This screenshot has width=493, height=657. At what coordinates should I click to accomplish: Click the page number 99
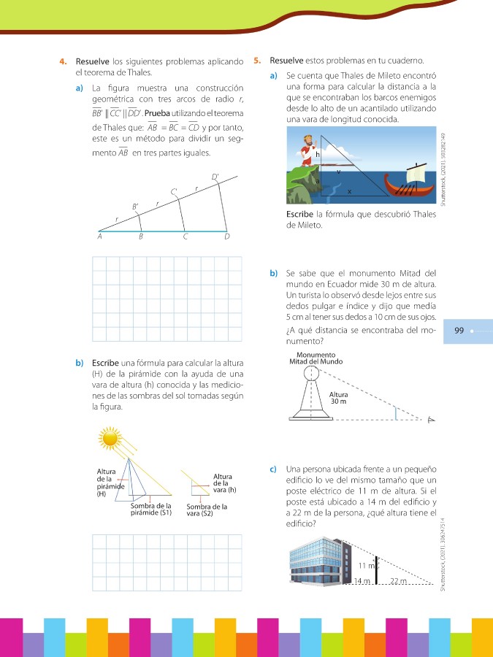pos(459,331)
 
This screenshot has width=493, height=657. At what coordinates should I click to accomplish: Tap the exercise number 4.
pos(64,61)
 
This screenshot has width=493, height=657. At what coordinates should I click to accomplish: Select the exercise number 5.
pos(257,61)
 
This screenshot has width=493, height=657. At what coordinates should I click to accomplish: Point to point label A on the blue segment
pos(100,237)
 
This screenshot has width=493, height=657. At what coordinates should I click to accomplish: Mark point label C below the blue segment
pos(186,237)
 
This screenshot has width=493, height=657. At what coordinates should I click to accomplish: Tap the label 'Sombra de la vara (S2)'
pos(207,510)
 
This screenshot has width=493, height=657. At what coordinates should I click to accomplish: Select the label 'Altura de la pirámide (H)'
pos(110,483)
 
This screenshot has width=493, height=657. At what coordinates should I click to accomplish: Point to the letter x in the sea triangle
pos(349,193)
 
